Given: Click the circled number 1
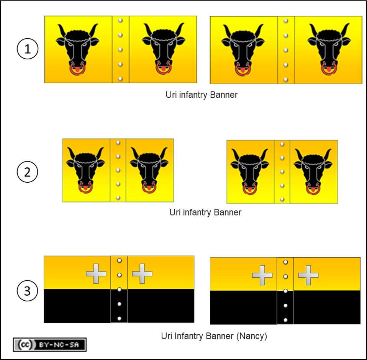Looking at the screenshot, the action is point(27,49).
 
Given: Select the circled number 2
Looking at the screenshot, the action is point(27,172).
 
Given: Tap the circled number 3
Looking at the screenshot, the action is point(27,291).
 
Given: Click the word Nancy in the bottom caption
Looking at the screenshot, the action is point(251,336).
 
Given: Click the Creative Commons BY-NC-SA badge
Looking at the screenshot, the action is point(50,345).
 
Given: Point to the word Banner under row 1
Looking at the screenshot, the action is point(224,95).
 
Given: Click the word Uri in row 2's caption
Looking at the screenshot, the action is point(175,212).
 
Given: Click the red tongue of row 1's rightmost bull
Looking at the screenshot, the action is point(329,69).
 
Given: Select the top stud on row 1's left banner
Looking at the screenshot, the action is point(120,21).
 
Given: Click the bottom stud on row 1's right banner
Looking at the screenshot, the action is point(286,80).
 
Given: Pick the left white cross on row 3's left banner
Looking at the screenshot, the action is point(96,274).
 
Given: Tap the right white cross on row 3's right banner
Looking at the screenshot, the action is point(308,275).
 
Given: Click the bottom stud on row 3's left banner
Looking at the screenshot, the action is point(120,318).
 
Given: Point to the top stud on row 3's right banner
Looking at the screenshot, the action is point(285,262).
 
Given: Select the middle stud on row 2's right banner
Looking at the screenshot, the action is point(282,172).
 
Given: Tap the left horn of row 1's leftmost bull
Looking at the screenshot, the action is point(62,30).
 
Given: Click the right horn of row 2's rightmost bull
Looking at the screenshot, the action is point(328,154).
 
